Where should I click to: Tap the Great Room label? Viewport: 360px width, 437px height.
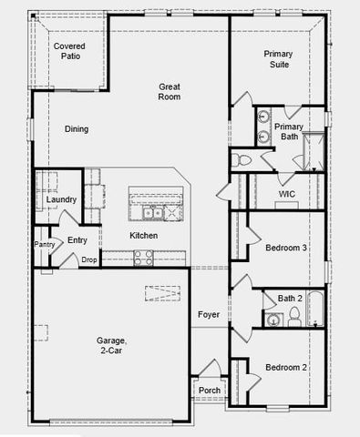tap(170, 91)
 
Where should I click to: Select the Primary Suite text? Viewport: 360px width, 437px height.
tap(278, 60)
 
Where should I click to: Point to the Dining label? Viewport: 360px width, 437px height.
tap(77, 129)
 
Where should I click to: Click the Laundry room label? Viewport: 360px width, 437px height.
tap(61, 199)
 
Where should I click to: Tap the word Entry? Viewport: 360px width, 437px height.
tap(77, 240)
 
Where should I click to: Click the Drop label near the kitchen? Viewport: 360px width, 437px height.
tap(89, 260)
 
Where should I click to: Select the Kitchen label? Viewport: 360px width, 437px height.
tap(143, 236)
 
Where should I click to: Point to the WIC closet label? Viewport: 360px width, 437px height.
tap(286, 194)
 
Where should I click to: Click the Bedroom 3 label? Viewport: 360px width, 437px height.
tap(285, 248)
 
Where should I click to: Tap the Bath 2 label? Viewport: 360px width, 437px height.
tap(290, 298)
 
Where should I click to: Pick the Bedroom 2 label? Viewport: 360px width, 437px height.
tap(285, 367)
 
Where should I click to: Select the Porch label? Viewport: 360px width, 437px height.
tap(209, 391)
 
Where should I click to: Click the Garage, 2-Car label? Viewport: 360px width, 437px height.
tap(112, 345)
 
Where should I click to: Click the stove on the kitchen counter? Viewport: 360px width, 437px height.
tap(143, 259)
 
